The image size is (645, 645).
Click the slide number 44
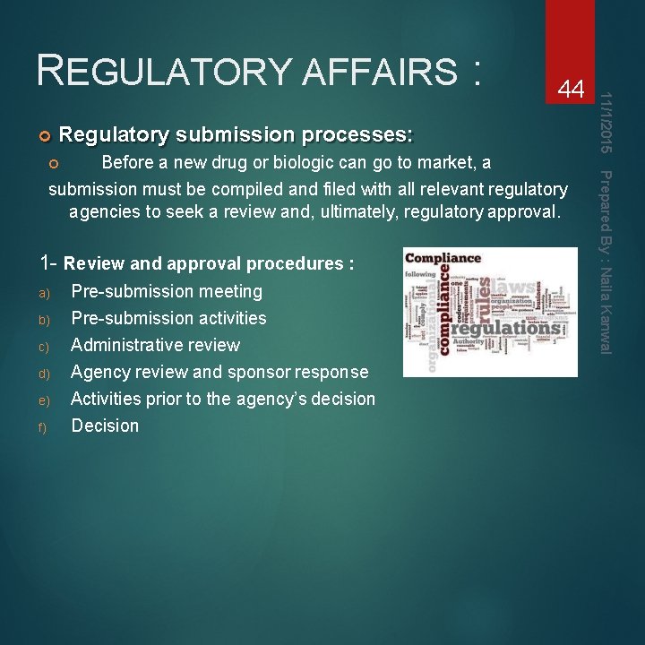[x=571, y=89]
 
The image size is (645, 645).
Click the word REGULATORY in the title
[x=161, y=70]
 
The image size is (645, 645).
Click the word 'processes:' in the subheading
[x=357, y=135]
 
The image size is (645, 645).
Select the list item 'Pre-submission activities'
[x=168, y=318]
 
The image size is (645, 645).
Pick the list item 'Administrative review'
[x=155, y=345]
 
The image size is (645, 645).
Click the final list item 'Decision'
[x=105, y=426]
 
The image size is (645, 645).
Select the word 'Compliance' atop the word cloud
[x=443, y=259]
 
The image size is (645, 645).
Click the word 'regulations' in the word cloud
[x=509, y=327]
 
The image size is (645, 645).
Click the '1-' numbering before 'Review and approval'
[x=48, y=263]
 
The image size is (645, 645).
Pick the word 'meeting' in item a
[x=231, y=291]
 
